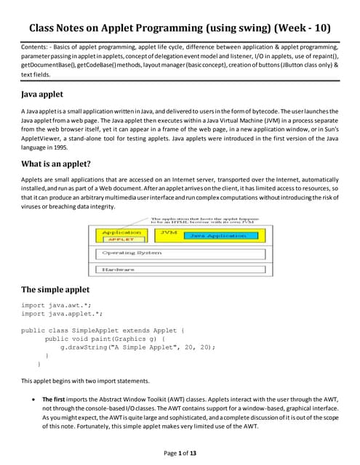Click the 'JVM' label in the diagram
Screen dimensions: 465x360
point(169,232)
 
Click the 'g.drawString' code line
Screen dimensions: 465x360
point(137,347)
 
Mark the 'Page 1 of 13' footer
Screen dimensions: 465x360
point(180,453)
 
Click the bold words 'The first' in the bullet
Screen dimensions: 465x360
point(55,399)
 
